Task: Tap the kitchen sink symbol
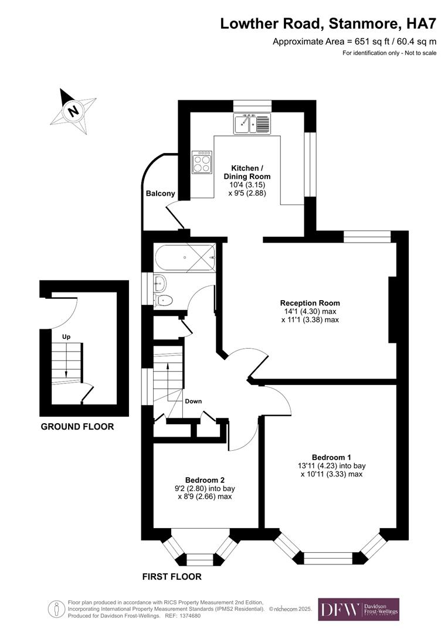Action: tap(252, 124)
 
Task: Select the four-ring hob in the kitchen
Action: tap(202, 162)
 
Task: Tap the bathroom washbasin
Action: tap(159, 284)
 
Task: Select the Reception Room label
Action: tap(310, 303)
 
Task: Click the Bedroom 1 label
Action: tap(331, 457)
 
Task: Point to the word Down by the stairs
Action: tap(194, 401)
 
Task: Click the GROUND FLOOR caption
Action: tap(77, 427)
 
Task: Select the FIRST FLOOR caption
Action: tap(172, 577)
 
